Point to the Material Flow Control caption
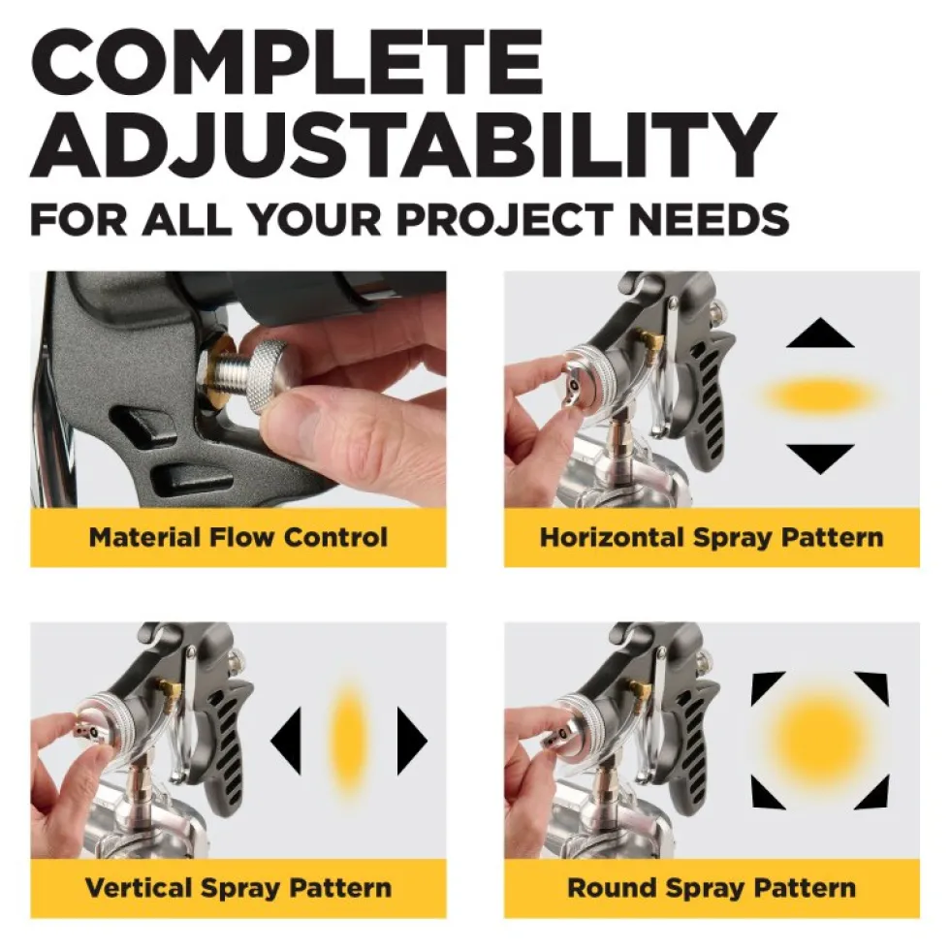point(238,537)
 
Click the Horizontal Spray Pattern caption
point(712,537)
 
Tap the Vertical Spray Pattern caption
point(238,888)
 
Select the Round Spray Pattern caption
point(712,888)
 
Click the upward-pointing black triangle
point(820,334)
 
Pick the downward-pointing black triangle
point(820,457)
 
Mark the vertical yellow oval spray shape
point(348,741)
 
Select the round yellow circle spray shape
point(820,741)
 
